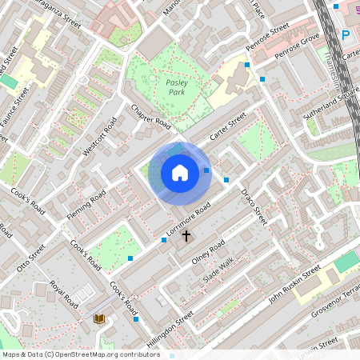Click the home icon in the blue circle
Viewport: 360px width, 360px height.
180,173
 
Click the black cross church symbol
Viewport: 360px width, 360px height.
187,235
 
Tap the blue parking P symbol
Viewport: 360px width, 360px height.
346,34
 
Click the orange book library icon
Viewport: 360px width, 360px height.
100,319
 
